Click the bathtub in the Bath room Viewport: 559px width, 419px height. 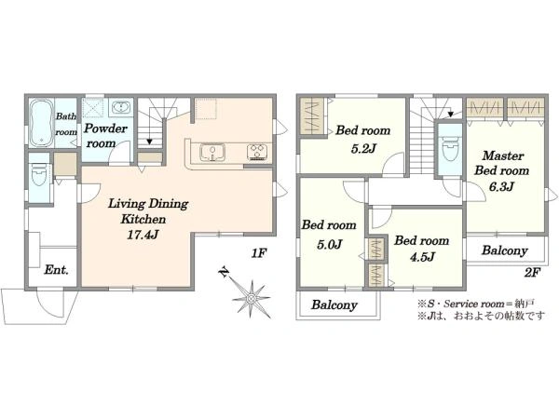[41, 123]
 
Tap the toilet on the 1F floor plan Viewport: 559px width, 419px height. [38, 174]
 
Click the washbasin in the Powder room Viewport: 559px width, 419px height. [121, 107]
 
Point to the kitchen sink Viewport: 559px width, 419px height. [212, 153]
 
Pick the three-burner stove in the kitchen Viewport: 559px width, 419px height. [257, 152]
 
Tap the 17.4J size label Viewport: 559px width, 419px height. [143, 236]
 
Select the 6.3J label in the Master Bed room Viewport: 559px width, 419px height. [501, 187]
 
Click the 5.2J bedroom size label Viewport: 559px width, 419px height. [363, 148]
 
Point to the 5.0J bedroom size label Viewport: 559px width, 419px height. [330, 244]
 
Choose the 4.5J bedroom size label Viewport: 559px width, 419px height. [422, 257]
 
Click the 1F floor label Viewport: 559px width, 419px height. [259, 253]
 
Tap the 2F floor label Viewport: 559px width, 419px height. [532, 273]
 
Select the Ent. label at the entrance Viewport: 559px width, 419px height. [56, 270]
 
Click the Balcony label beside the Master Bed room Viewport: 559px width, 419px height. [504, 250]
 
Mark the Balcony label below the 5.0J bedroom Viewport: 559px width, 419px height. [334, 305]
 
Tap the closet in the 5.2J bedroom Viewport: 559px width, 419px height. [312, 116]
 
